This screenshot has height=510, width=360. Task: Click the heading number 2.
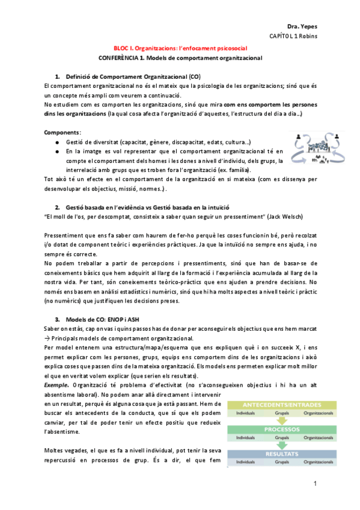point(57,206)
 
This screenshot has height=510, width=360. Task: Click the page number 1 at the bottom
point(314,484)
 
